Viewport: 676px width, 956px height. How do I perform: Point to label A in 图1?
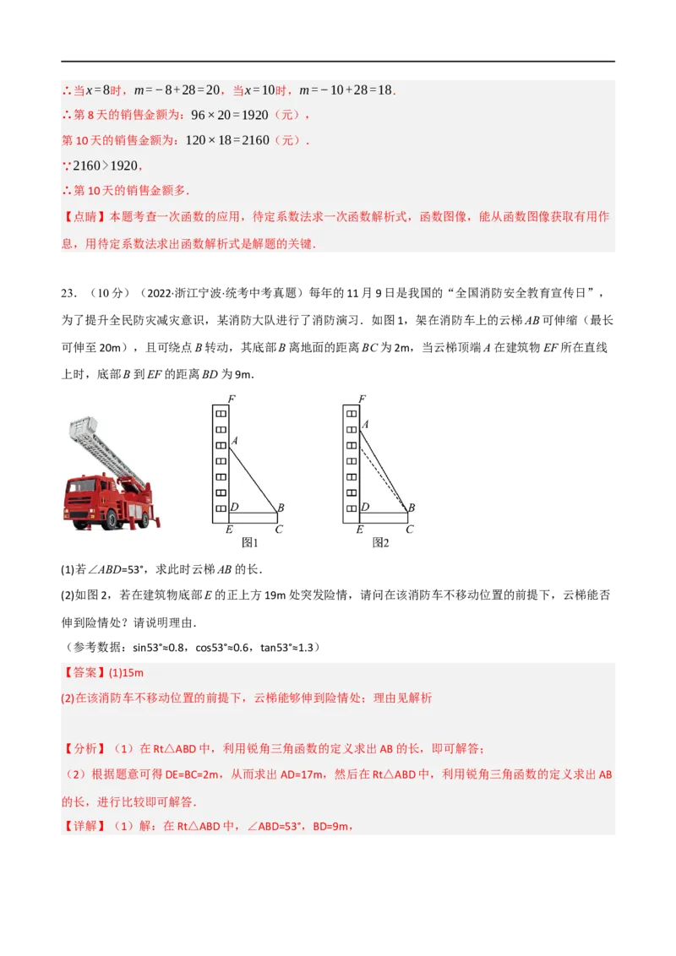point(234,440)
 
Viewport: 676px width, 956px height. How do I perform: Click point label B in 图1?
point(281,507)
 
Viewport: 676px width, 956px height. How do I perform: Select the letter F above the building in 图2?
point(363,399)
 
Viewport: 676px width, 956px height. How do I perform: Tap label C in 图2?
point(410,530)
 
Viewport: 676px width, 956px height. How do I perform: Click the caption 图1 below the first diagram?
point(250,543)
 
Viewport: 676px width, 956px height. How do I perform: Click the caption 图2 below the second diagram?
point(381,543)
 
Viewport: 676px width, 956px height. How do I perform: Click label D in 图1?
point(234,507)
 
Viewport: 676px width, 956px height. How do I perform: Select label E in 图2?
point(360,530)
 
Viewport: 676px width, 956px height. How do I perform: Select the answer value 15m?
point(134,673)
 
